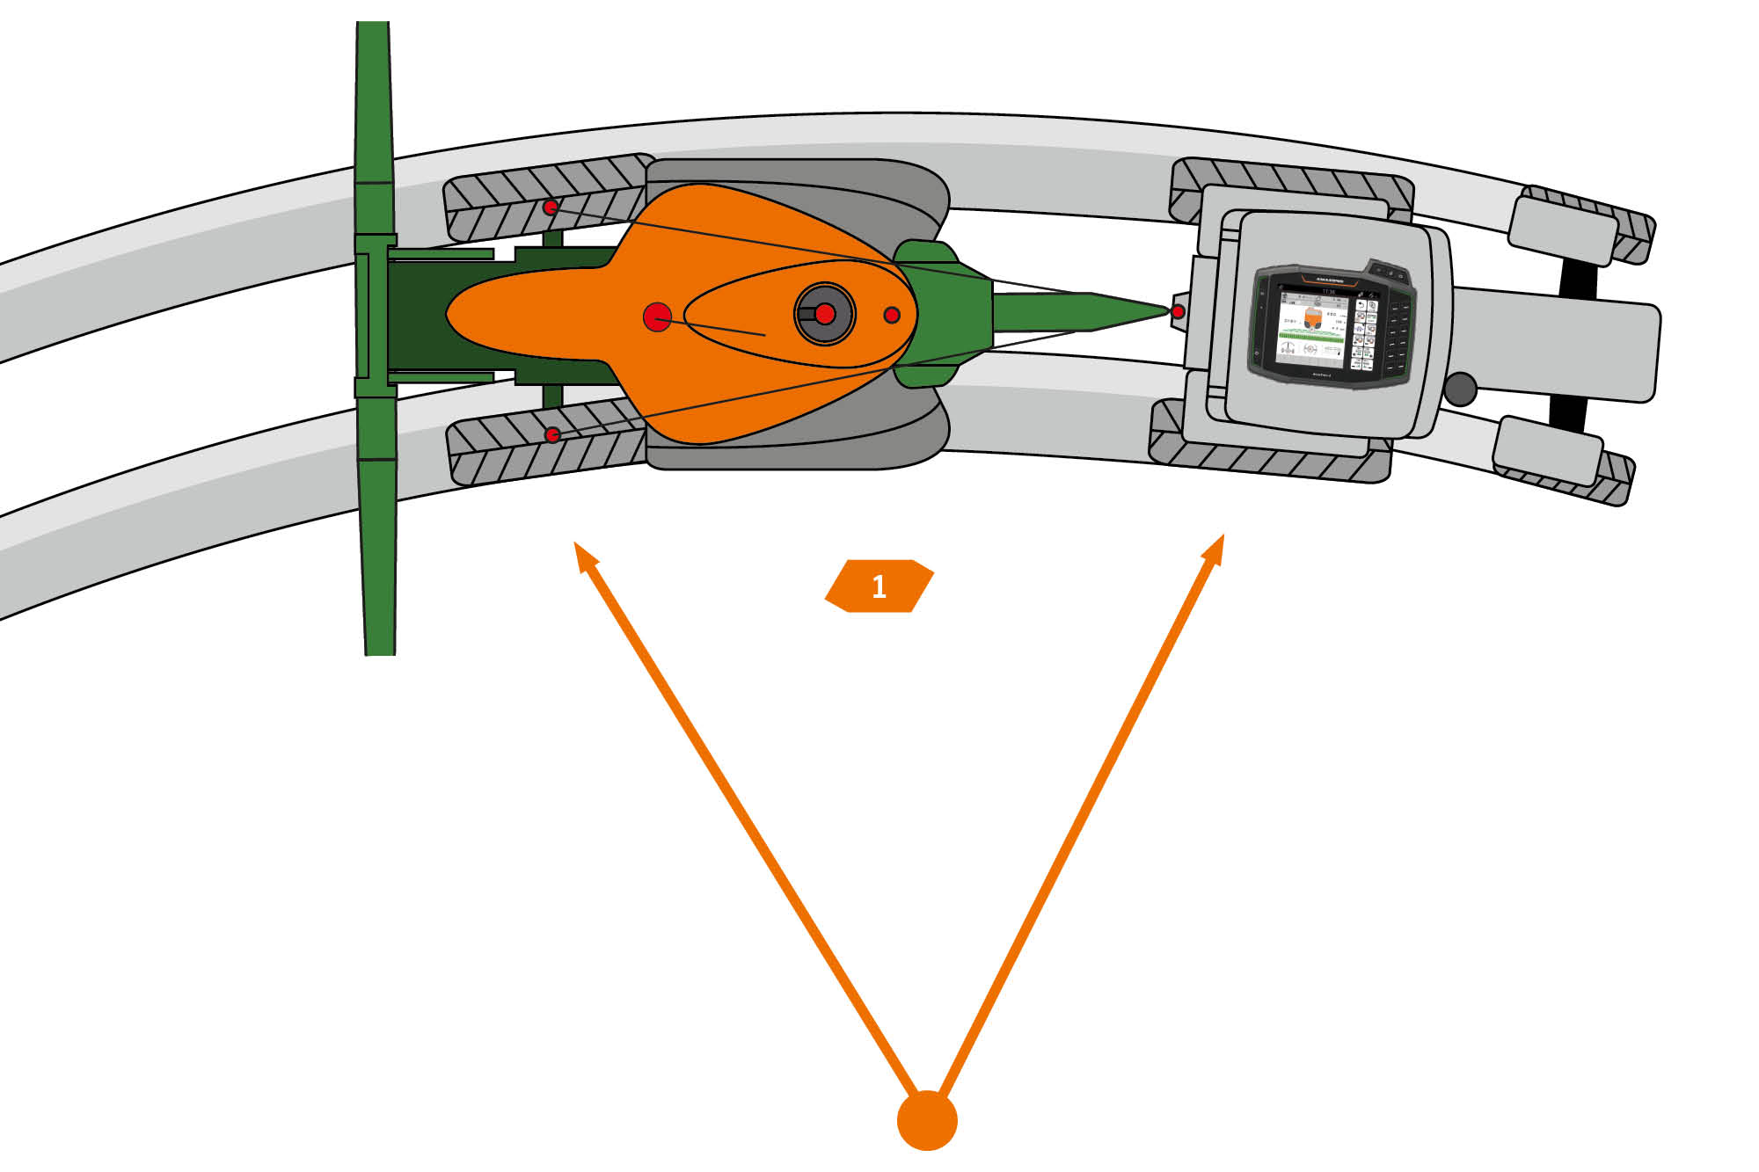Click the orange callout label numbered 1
[879, 586]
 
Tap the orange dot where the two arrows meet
[927, 1120]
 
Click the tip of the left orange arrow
[576, 544]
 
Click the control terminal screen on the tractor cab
[1311, 326]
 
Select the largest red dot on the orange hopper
[657, 317]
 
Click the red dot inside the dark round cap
[825, 314]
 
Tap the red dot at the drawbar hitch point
[1178, 311]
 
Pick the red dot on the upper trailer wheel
[551, 207]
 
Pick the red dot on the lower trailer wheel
[552, 434]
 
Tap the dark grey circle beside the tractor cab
[1460, 389]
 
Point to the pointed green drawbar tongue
[1082, 312]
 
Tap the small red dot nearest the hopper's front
[892, 315]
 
